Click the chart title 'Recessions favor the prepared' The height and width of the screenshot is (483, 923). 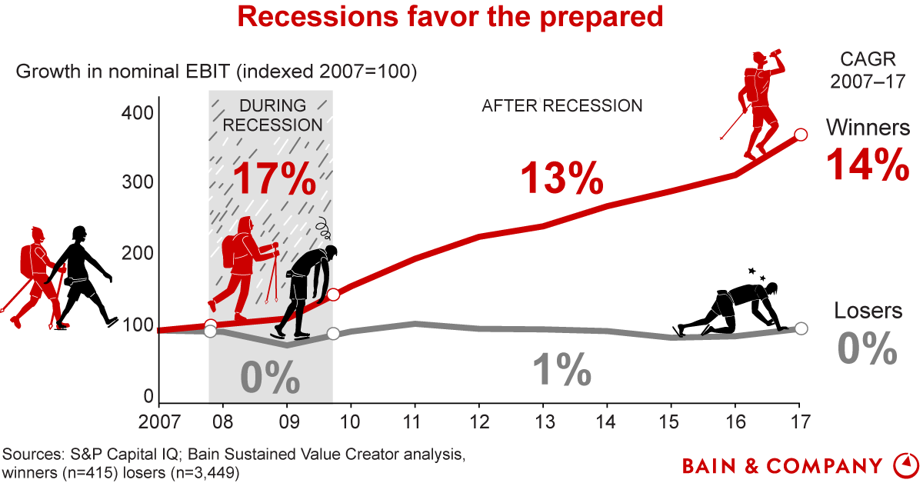(x=450, y=16)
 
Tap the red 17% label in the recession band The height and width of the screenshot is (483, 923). (x=274, y=178)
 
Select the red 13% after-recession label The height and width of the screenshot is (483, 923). (x=561, y=178)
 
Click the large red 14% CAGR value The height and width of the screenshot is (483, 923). (x=867, y=164)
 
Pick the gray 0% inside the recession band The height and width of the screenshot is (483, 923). (x=269, y=377)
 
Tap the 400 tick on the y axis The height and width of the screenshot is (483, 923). (x=138, y=112)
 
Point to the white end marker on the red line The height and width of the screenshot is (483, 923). (x=800, y=135)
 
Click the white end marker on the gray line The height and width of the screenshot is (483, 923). (x=800, y=328)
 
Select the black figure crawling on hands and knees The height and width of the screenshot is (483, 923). (x=727, y=308)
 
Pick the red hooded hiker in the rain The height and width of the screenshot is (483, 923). (x=242, y=265)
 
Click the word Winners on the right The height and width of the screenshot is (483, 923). (x=868, y=127)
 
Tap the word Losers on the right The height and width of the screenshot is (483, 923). (x=868, y=311)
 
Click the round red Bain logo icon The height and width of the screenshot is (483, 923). (x=905, y=465)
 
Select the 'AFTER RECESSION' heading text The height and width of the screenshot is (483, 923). (x=561, y=106)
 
